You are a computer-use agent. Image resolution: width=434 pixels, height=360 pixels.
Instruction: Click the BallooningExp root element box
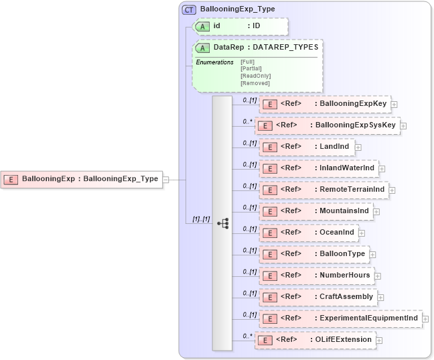point(83,179)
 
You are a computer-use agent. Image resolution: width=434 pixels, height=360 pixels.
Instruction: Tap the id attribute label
point(217,26)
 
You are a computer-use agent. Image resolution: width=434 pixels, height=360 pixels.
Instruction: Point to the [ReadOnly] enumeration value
point(255,76)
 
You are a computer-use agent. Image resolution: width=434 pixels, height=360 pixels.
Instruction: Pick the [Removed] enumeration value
point(255,83)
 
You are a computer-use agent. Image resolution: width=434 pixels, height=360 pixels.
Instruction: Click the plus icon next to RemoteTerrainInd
point(392,190)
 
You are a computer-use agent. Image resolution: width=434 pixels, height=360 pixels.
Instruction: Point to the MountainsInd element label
point(342,211)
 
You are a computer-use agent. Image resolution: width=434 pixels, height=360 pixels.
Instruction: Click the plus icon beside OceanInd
point(362,233)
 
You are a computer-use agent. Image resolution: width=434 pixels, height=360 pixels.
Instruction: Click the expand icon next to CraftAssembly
point(380,297)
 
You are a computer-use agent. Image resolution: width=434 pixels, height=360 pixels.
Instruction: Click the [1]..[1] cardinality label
point(201,219)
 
